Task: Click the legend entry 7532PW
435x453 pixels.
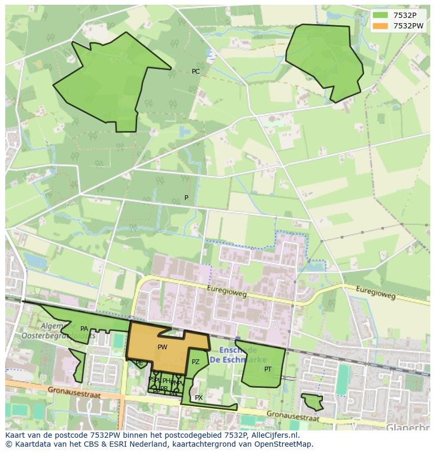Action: pos(408,26)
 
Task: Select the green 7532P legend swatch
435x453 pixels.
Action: pos(380,15)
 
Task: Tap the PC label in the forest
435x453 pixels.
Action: pos(195,72)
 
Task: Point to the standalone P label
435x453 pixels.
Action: pos(186,198)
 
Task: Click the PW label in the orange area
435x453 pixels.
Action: pos(162,347)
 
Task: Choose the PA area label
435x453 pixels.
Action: pos(84,329)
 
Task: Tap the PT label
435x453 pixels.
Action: pos(268,369)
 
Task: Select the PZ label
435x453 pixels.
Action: pos(195,362)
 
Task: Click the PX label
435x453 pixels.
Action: pos(199,398)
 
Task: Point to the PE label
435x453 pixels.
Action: pos(139,363)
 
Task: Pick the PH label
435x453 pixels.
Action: pos(166,381)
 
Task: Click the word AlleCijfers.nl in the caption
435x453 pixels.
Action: pos(273,435)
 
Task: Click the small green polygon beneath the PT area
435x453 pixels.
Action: pos(313,402)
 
